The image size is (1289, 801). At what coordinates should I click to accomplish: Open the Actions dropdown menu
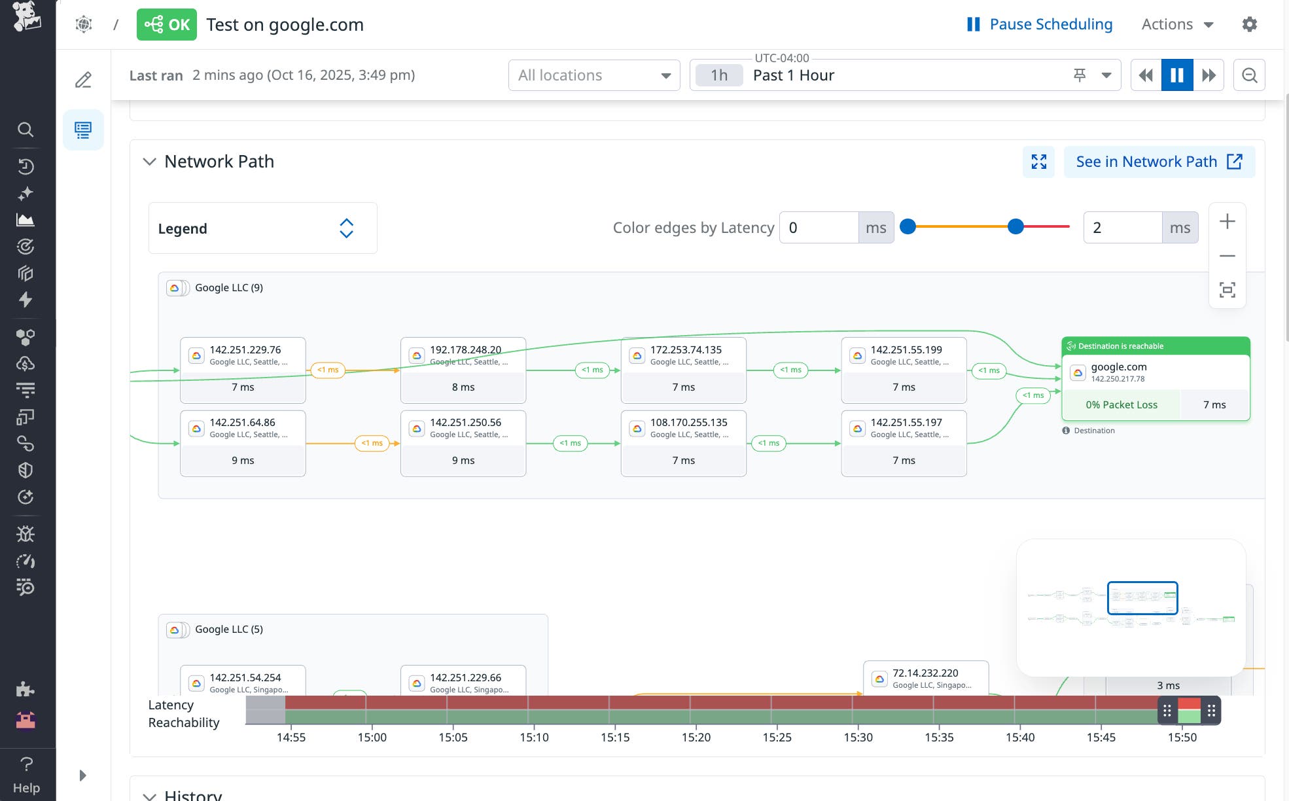tap(1177, 24)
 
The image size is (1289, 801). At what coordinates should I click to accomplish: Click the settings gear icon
tap(1249, 24)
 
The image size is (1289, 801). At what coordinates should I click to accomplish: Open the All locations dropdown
tap(593, 75)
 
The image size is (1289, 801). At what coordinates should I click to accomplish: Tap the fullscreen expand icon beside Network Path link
tap(1038, 162)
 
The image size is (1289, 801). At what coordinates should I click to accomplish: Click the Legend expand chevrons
tap(346, 228)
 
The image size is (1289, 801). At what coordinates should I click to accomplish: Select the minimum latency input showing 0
tap(819, 228)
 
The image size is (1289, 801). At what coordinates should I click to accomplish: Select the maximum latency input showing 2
tap(1122, 228)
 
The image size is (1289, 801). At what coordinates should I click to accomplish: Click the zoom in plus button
tap(1227, 221)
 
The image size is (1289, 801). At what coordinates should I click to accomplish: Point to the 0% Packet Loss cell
tap(1121, 404)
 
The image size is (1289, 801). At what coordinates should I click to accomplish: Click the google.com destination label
tap(1118, 367)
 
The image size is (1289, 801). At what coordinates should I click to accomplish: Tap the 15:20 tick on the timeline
tap(696, 737)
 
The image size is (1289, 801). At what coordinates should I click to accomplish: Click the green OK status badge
tap(166, 25)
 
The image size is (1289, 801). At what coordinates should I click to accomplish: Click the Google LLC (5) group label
tap(228, 629)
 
